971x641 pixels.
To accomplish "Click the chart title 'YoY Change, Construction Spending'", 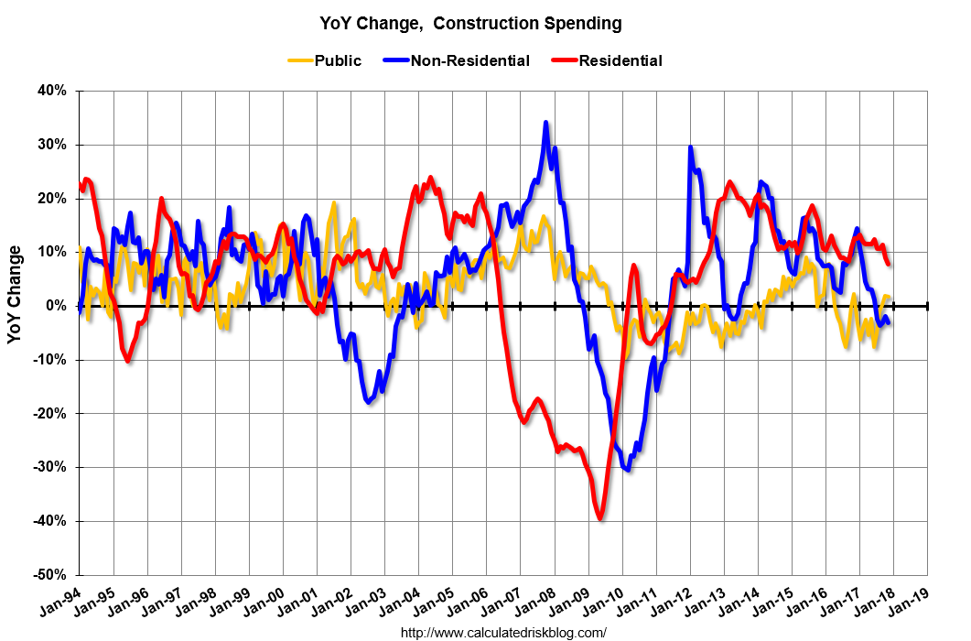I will click(x=470, y=22).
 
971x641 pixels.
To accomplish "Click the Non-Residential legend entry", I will click(x=469, y=61).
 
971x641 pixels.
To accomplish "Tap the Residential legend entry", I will click(x=620, y=61).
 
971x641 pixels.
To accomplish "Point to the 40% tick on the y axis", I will click(x=51, y=91).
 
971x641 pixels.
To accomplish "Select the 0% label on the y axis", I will click(x=56, y=306).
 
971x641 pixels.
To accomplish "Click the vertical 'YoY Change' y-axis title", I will click(x=16, y=294).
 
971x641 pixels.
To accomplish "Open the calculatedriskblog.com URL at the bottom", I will click(x=503, y=632).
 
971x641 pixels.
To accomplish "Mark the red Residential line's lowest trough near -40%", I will click(x=600, y=519).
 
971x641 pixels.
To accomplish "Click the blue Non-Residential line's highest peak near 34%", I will click(x=546, y=122).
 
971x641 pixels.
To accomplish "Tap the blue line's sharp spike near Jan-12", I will click(x=690, y=147).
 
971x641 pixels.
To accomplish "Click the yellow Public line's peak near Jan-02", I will click(x=334, y=203).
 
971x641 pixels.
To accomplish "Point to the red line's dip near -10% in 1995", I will click(x=128, y=361).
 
